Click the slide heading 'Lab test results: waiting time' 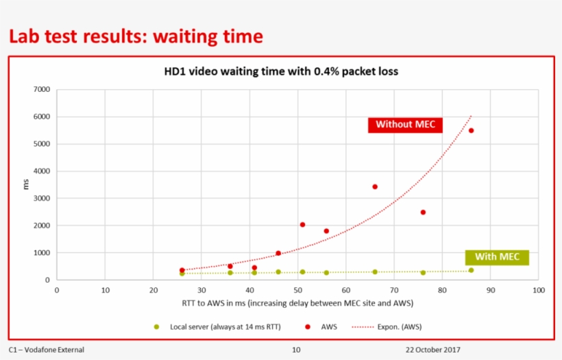tap(136, 36)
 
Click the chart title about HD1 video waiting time tap(280, 71)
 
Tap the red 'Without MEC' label tap(405, 124)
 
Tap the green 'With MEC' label tap(497, 257)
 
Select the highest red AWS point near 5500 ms tap(471, 130)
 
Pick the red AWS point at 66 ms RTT tap(375, 187)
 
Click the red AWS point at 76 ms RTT tap(423, 213)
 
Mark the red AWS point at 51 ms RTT tap(302, 224)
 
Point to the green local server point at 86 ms tap(471, 270)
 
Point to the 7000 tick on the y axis tap(42, 90)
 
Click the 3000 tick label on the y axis tap(42, 199)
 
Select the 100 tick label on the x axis tap(538, 290)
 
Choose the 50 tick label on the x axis tap(297, 290)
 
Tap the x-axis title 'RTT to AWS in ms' tap(297, 302)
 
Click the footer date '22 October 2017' tap(432, 350)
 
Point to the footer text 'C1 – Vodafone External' tap(47, 350)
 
